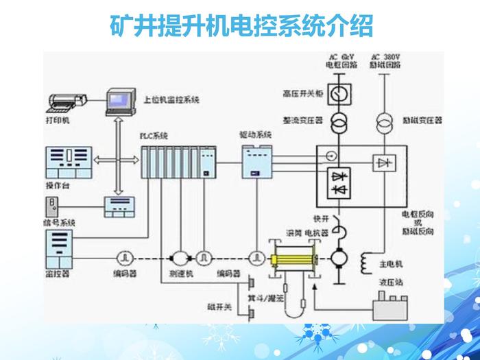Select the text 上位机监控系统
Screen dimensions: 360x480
(171, 100)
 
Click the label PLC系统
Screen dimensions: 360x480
(154, 134)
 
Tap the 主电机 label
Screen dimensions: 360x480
(393, 263)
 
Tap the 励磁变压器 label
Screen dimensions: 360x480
(422, 119)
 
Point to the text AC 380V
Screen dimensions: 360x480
(385, 56)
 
